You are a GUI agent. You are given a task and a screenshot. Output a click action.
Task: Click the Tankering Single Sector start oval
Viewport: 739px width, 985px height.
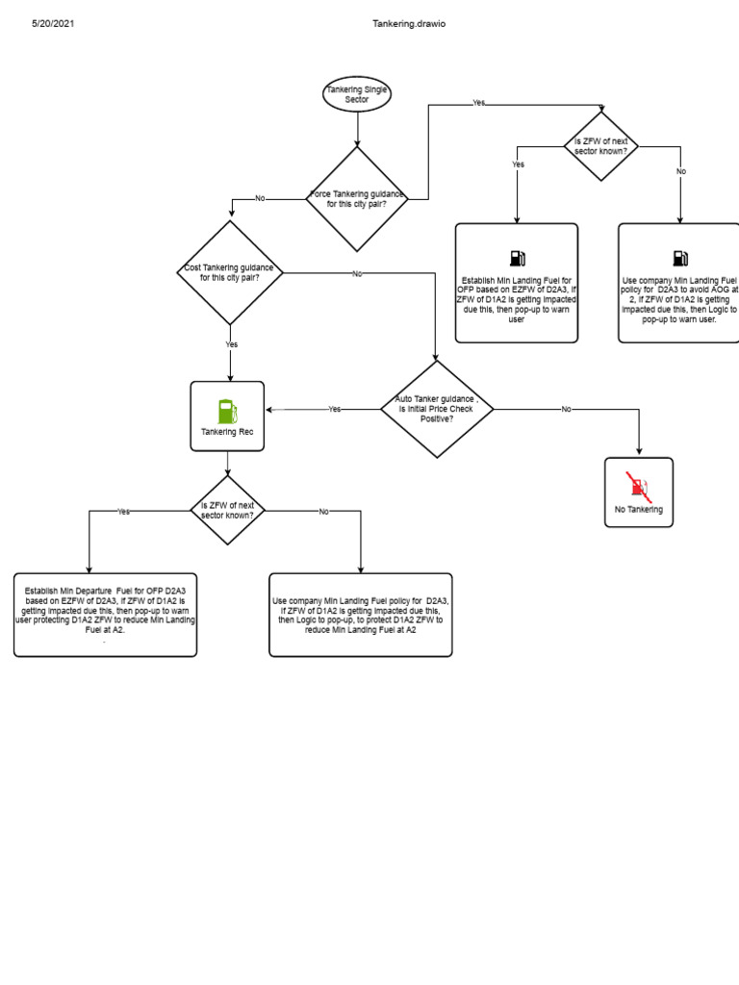click(357, 93)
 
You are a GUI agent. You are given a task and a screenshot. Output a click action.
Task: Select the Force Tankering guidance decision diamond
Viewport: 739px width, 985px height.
click(357, 199)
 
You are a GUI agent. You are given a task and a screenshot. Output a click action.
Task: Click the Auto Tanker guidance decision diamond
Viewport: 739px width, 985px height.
click(437, 409)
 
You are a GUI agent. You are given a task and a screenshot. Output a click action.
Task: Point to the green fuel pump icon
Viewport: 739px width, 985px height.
click(227, 411)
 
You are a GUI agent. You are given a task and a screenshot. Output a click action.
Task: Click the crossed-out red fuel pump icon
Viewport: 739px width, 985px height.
click(638, 486)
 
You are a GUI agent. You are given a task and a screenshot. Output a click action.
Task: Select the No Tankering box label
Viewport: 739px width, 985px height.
click(638, 509)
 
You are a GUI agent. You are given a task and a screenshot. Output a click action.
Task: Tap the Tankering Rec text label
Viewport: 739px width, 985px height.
click(227, 432)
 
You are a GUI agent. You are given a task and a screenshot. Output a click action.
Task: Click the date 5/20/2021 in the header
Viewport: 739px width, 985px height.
click(53, 23)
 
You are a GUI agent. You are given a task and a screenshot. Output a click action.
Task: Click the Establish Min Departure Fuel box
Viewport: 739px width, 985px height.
click(105, 616)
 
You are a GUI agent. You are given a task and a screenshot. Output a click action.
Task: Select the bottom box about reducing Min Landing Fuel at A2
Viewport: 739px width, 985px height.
click(360, 616)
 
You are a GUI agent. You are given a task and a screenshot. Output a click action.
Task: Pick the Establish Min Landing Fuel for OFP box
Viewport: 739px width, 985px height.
click(517, 283)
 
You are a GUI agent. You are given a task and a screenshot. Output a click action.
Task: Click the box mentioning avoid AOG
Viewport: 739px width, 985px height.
click(678, 283)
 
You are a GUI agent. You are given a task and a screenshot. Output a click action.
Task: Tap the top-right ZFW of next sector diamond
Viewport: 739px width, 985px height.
click(600, 146)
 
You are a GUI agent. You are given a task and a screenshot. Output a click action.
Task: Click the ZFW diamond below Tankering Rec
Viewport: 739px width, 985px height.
click(227, 510)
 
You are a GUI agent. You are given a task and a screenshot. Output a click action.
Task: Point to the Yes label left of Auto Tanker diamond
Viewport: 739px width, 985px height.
click(334, 409)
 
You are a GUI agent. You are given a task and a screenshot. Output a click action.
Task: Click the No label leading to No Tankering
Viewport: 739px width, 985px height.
click(566, 409)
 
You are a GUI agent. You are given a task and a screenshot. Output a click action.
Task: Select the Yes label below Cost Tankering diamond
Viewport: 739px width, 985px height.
click(231, 343)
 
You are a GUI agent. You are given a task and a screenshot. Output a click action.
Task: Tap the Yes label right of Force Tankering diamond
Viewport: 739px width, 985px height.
click(478, 102)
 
